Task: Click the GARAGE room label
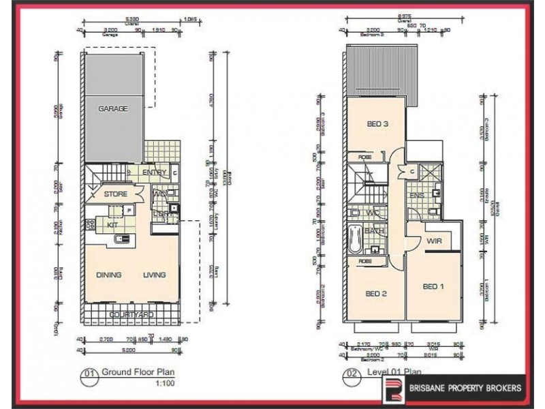pos(114,109)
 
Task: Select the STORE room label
pos(116,195)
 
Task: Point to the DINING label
pos(108,275)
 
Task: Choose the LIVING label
pos(154,275)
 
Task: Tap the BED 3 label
pos(377,124)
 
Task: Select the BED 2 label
pos(376,294)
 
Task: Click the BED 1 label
pos(433,286)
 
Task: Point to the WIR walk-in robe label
pos(436,242)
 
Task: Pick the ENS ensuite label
pos(416,196)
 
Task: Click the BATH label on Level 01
pos(373,231)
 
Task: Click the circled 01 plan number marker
pos(89,373)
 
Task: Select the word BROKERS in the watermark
pos(501,389)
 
